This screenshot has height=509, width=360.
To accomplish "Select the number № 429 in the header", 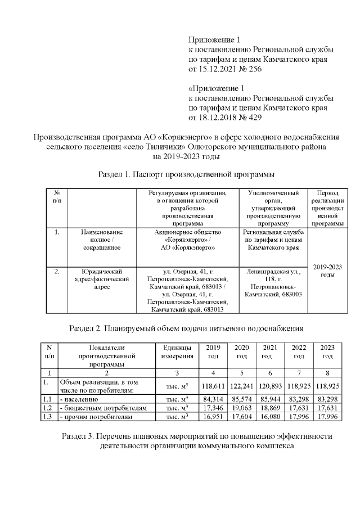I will click(x=250, y=118).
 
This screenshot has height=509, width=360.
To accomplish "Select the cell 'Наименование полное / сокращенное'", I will click(x=101, y=239).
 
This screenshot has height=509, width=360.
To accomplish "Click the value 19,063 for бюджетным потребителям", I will click(x=241, y=408).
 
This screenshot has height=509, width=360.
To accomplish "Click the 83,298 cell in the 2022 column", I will click(x=299, y=399).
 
